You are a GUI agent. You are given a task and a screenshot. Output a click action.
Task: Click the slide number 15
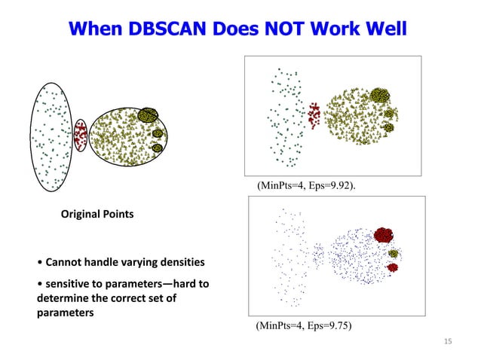click(448, 343)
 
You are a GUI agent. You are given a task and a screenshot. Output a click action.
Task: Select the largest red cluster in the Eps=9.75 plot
click(385, 236)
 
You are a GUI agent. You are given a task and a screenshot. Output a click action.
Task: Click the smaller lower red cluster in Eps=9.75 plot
click(392, 267)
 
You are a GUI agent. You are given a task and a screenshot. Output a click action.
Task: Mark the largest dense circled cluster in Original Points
click(148, 115)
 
